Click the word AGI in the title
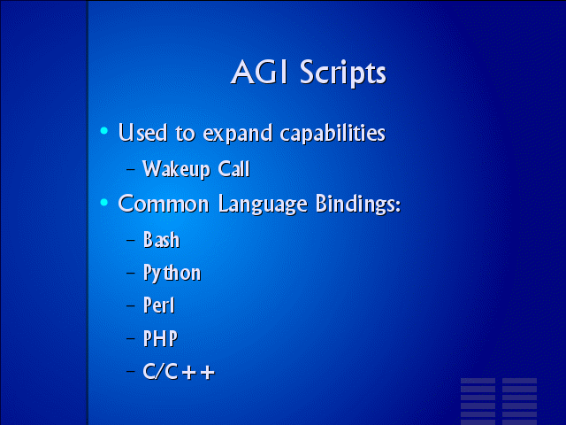(x=259, y=72)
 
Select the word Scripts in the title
(x=343, y=73)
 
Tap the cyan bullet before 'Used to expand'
(x=104, y=130)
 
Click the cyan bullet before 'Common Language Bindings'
(x=104, y=203)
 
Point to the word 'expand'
(x=238, y=134)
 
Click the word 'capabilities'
(x=333, y=133)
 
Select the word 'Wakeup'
(x=176, y=169)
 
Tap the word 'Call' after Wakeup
(x=233, y=168)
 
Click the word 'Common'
(x=164, y=204)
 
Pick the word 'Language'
(x=263, y=205)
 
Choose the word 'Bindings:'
(x=357, y=205)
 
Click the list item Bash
(x=161, y=240)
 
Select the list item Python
(x=172, y=273)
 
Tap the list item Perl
(x=159, y=305)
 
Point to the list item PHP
(x=160, y=338)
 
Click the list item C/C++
(x=179, y=371)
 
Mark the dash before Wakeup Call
(x=131, y=169)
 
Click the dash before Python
(x=131, y=273)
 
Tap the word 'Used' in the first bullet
(x=142, y=132)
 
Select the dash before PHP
(x=131, y=338)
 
